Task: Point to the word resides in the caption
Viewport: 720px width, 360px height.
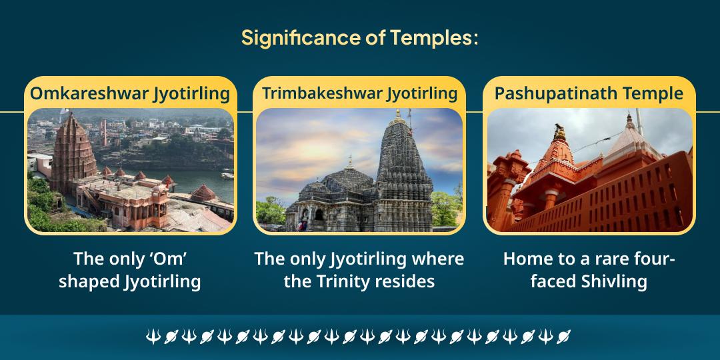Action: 407,281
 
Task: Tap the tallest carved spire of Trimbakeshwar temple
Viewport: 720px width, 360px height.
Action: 402,167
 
